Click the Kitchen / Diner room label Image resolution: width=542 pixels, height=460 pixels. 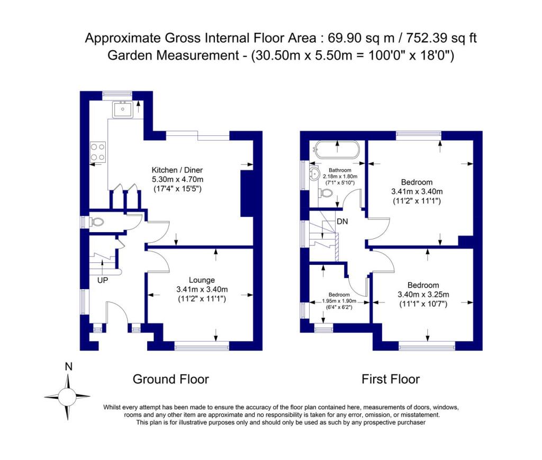click(177, 170)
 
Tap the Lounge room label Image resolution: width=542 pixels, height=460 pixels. click(202, 280)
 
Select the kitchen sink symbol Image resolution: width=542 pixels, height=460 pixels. click(122, 110)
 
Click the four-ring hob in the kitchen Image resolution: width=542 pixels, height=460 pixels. click(98, 152)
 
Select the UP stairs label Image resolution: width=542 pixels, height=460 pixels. click(102, 280)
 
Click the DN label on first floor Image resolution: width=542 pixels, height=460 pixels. click(342, 222)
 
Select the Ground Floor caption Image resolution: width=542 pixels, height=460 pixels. click(170, 379)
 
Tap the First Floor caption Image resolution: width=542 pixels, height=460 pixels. click(391, 379)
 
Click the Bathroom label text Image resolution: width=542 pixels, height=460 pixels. click(333, 170)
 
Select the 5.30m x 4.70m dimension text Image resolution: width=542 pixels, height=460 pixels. click(177, 180)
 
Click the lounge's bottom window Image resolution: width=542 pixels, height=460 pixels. click(202, 347)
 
